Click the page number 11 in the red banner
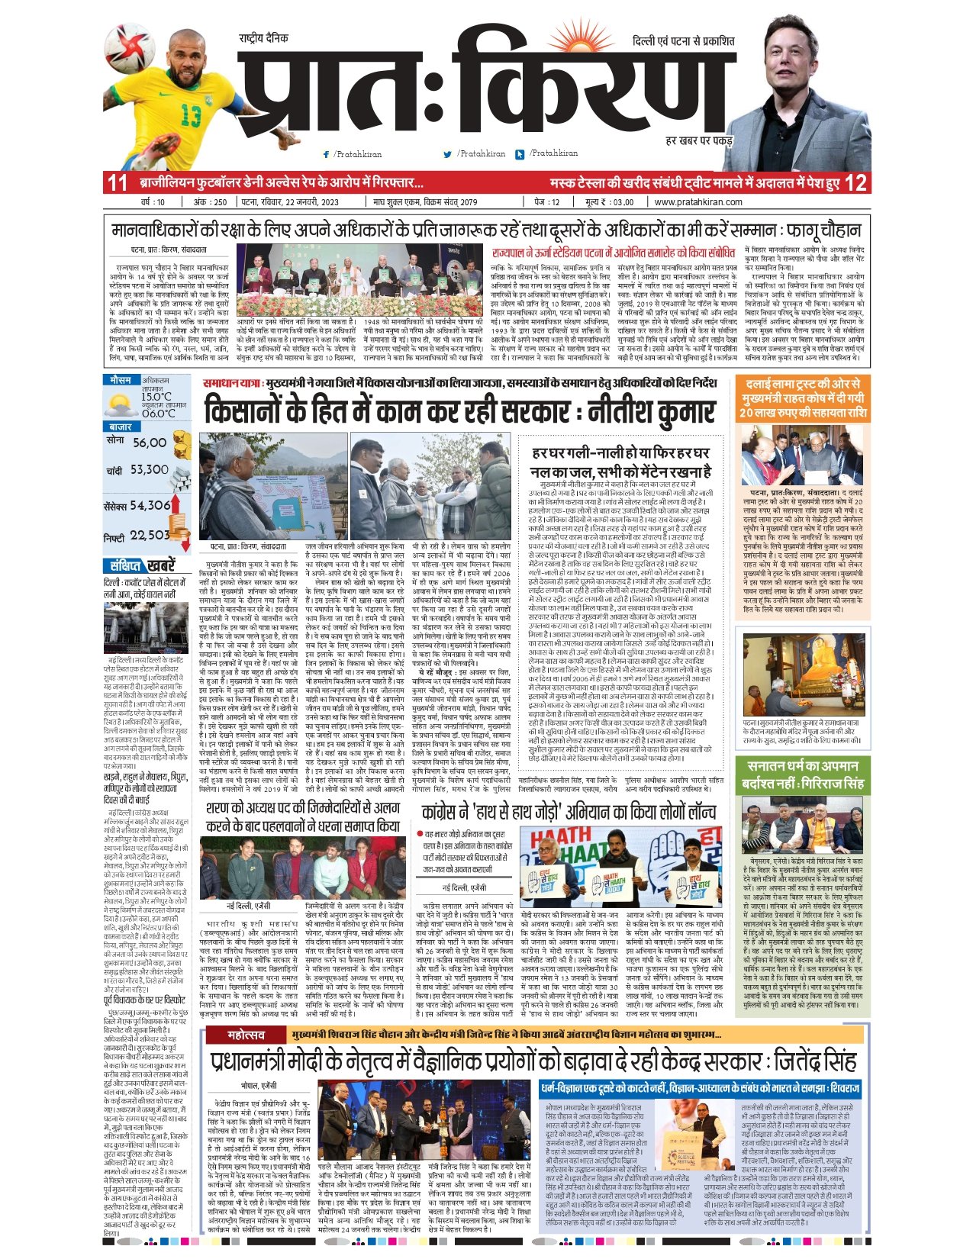click(117, 183)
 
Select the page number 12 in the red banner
click(856, 183)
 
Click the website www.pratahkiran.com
click(698, 202)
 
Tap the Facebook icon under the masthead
click(327, 154)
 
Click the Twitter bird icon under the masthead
click(447, 154)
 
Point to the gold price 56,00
click(149, 443)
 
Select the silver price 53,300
click(149, 470)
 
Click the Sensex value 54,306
click(150, 505)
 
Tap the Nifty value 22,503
click(149, 536)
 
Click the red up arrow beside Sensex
click(176, 504)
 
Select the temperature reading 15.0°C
click(156, 397)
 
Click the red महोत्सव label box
click(246, 1035)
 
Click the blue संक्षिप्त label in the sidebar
click(124, 565)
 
